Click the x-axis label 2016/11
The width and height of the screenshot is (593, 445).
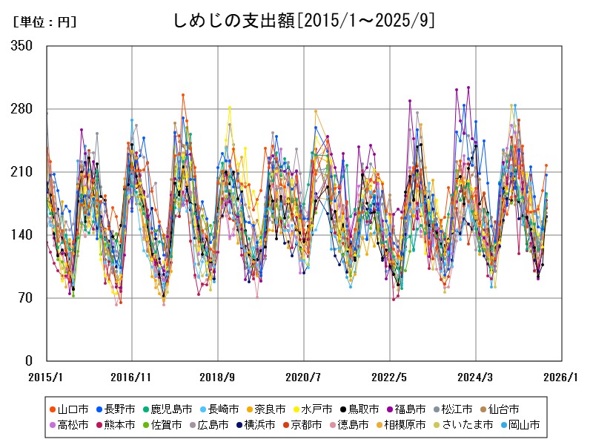[132, 378]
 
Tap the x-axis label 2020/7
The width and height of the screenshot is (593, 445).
[304, 378]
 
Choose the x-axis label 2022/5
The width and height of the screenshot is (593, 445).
[390, 378]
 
